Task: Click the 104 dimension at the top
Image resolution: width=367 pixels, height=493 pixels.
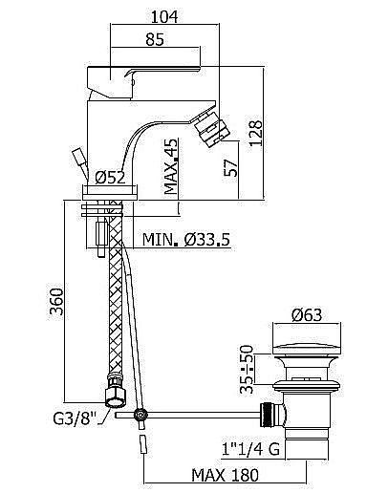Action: click(x=164, y=16)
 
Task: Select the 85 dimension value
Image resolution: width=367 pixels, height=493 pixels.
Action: click(x=155, y=39)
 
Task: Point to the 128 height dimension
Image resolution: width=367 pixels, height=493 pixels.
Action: click(x=256, y=133)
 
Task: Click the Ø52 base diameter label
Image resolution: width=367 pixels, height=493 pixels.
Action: click(x=111, y=177)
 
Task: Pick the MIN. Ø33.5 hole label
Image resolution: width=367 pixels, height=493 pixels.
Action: click(x=186, y=240)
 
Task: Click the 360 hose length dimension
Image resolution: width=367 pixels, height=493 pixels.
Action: click(x=56, y=301)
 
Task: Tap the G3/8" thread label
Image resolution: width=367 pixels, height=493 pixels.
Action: click(x=75, y=418)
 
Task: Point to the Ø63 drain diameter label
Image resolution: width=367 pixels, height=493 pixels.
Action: click(x=307, y=315)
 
